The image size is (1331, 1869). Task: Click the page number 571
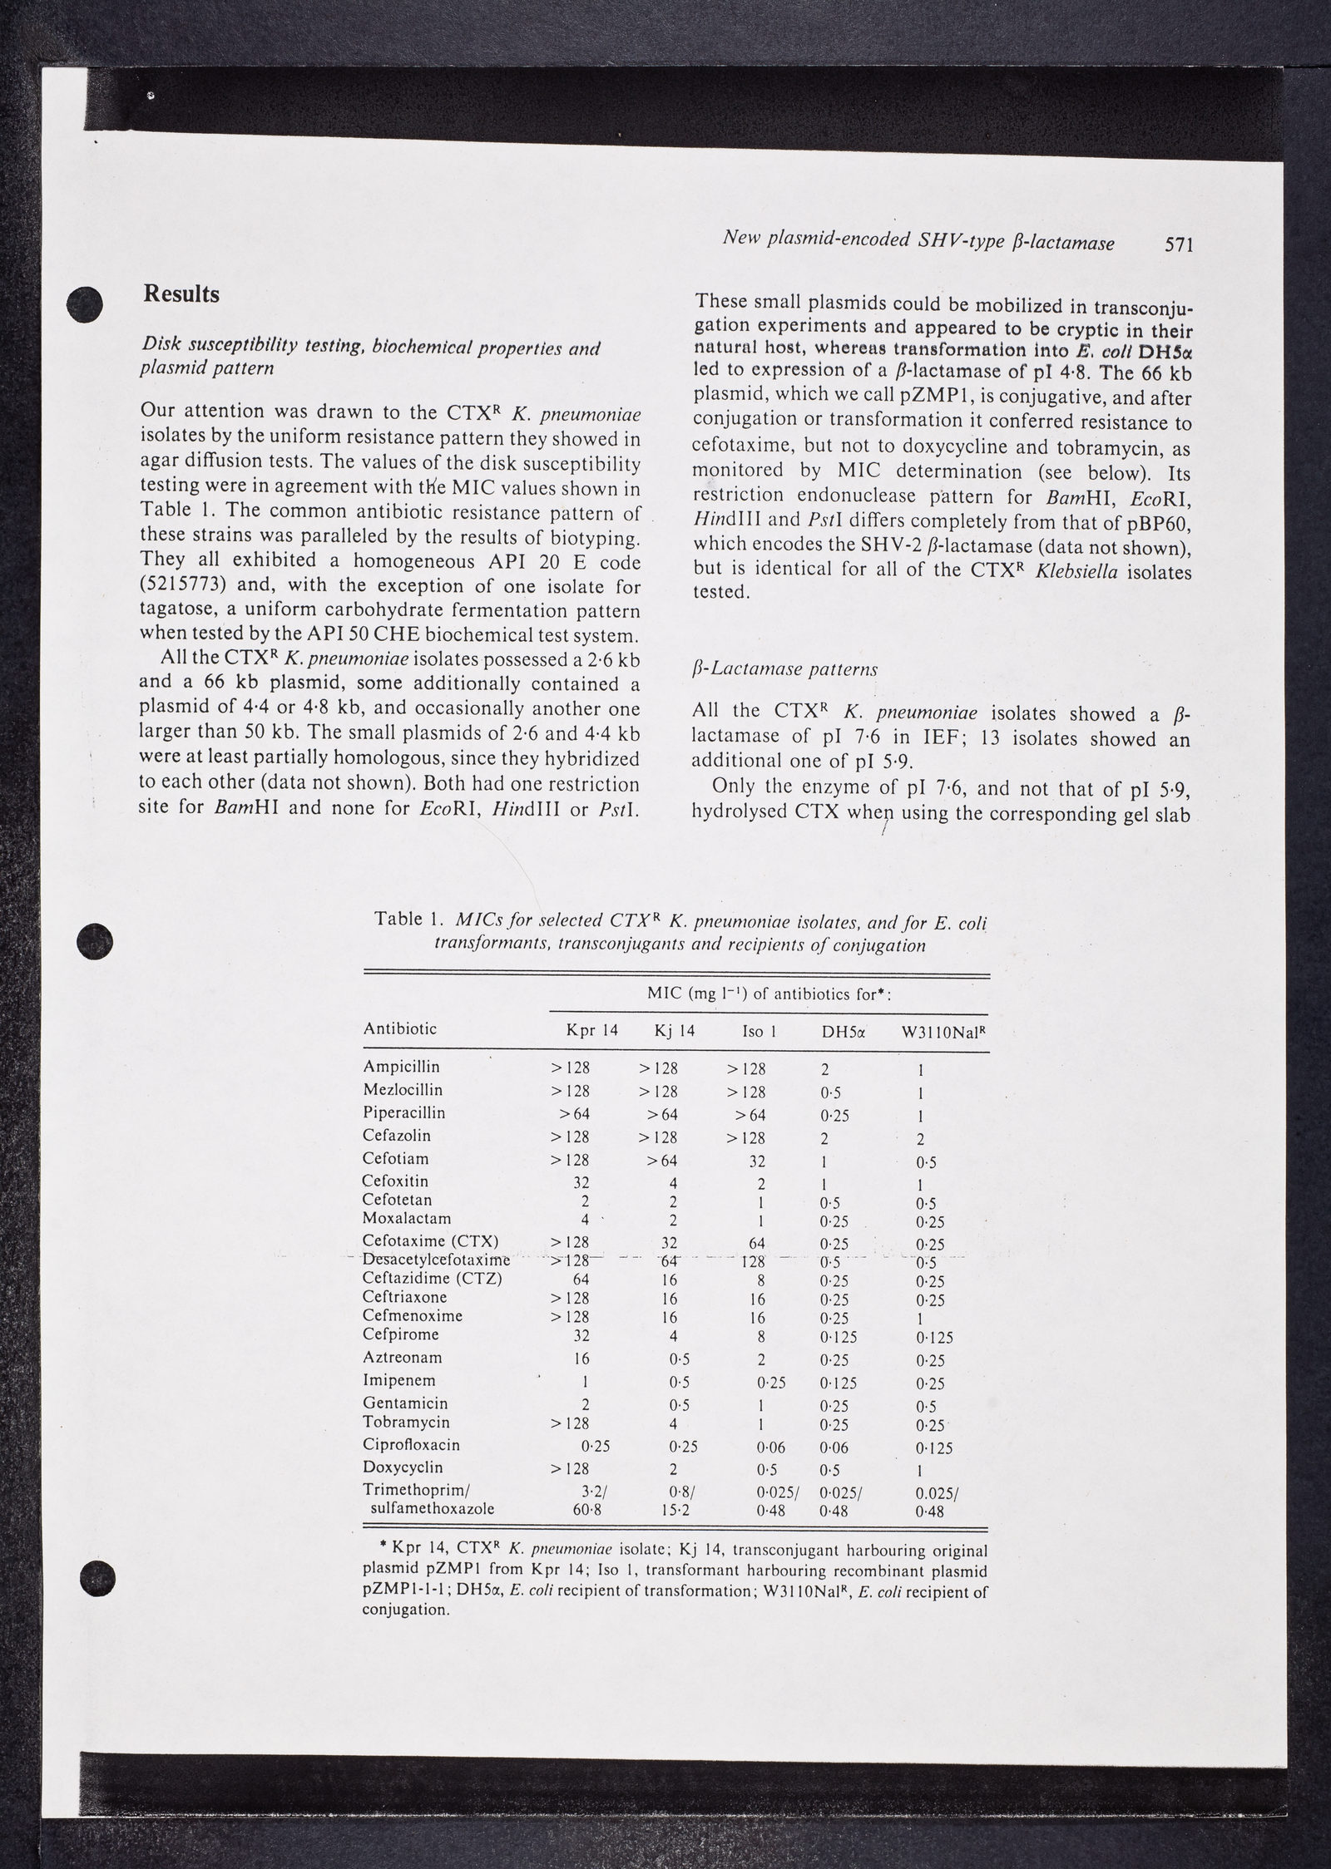pos(1180,244)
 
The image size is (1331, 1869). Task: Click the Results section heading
pos(181,294)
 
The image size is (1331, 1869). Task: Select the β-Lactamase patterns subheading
pos(784,669)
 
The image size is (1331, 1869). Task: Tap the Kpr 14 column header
pos(592,1030)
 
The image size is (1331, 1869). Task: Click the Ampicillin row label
pos(401,1067)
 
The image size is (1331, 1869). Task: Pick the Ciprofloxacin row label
pos(411,1445)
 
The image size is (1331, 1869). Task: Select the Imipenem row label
pos(398,1380)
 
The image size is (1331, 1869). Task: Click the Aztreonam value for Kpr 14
pos(581,1359)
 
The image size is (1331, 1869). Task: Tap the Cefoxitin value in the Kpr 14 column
pos(581,1183)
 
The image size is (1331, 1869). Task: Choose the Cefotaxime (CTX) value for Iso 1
pos(755,1243)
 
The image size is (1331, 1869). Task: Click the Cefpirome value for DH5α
pos(839,1338)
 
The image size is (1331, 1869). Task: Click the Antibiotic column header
pos(399,1029)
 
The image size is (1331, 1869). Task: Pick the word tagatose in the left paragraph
pos(176,611)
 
